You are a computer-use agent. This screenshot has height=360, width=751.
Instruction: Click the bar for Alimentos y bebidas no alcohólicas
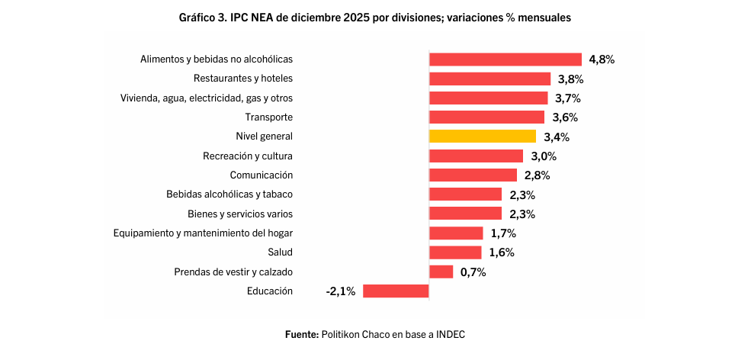tap(505, 59)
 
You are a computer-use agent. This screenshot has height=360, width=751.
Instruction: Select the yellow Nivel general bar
tap(483, 137)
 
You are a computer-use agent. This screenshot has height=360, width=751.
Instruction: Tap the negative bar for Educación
tap(396, 291)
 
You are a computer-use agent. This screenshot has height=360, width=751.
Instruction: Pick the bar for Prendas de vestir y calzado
tap(441, 272)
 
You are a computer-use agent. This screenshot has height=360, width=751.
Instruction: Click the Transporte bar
tap(486, 117)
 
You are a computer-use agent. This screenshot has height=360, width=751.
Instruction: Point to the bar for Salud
tap(455, 252)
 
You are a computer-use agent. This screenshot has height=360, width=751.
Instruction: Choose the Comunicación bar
tap(473, 175)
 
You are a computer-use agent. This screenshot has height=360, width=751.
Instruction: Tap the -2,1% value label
tap(340, 291)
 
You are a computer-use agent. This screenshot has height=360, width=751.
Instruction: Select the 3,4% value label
tap(557, 137)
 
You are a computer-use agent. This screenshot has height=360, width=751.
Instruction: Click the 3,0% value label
tap(544, 156)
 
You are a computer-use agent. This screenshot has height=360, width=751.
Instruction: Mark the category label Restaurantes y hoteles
tap(243, 79)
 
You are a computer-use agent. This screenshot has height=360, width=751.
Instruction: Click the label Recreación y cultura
tap(248, 156)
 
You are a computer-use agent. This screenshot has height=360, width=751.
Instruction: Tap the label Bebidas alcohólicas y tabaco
tap(229, 194)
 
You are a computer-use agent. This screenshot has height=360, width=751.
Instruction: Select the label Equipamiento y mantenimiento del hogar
tap(203, 233)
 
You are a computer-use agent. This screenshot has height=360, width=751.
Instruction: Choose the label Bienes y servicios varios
tap(240, 214)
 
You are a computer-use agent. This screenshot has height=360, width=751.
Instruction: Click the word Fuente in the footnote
tap(301, 334)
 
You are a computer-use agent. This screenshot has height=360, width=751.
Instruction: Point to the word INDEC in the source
tap(450, 334)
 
